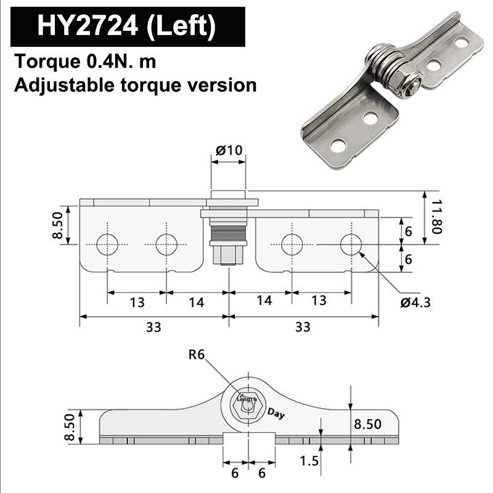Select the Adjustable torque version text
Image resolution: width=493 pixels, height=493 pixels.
(135, 84)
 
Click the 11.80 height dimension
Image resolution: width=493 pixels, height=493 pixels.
(436, 216)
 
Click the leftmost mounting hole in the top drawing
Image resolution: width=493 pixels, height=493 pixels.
(107, 245)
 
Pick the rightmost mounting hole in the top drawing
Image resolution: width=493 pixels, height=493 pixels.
(351, 245)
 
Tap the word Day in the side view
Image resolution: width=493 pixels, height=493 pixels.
(276, 414)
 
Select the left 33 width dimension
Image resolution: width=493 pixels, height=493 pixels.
(153, 327)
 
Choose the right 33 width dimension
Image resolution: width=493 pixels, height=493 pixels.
(303, 327)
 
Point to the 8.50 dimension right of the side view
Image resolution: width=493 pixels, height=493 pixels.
(367, 424)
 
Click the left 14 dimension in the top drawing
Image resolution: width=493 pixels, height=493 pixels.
(197, 302)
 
